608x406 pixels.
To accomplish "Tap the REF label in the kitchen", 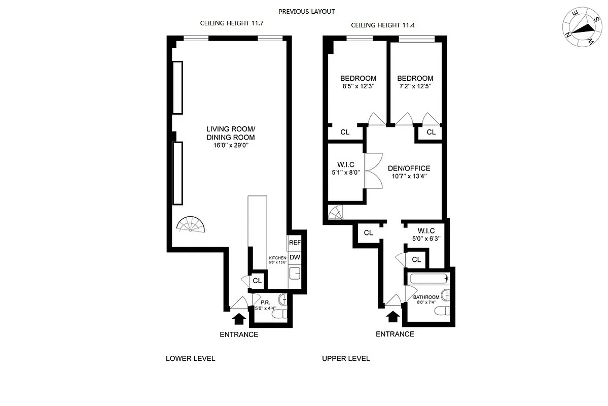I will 295,243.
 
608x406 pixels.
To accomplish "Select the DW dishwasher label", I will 295,257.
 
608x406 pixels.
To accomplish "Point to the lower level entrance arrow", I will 238,318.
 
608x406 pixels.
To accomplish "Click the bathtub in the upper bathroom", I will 430,279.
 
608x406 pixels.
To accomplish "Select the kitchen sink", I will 295,275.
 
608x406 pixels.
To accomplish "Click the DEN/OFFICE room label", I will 409,168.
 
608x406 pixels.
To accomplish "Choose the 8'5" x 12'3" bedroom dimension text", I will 358,86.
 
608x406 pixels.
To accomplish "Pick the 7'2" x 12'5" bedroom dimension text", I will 415,86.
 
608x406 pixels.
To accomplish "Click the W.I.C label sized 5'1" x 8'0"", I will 345,164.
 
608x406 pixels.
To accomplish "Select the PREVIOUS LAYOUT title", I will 307,11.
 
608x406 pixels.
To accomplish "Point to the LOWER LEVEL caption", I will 190,358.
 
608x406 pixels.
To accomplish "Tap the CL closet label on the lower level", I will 257,280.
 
